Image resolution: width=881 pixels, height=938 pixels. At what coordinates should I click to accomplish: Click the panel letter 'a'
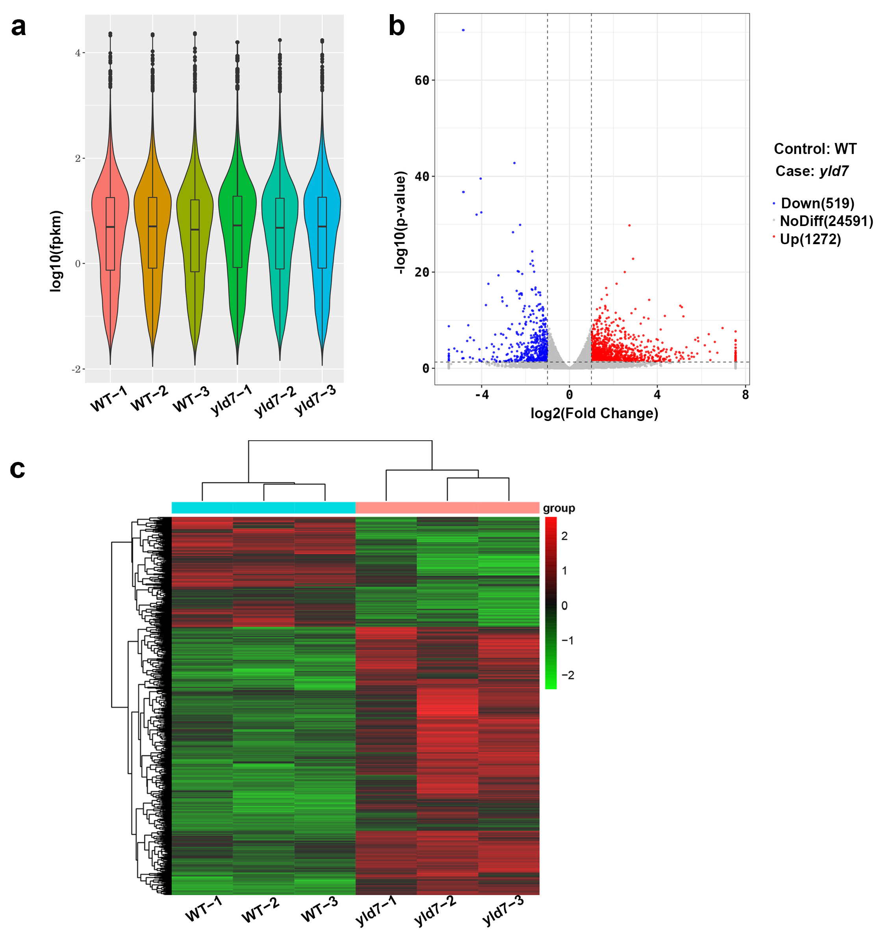click(19, 27)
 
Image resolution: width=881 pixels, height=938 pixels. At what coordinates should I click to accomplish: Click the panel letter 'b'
click(396, 26)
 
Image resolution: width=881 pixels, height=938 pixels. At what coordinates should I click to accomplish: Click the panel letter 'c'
click(17, 469)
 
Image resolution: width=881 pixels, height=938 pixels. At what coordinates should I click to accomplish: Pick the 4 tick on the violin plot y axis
click(78, 53)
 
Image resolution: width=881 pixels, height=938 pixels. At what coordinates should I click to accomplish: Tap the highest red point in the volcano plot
click(629, 226)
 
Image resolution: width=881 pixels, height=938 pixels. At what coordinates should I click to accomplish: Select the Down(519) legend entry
click(817, 203)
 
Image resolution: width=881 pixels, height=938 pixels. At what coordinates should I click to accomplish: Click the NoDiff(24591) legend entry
click(826, 221)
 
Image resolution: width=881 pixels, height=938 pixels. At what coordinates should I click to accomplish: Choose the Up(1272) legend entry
click(810, 239)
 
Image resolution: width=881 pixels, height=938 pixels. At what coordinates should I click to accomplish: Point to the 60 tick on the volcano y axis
click(422, 80)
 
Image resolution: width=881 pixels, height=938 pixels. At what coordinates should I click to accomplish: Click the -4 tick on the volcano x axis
click(481, 395)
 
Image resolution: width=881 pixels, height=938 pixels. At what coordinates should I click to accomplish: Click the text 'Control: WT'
click(814, 149)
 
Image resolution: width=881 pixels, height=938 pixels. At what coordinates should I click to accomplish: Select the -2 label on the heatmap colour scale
click(568, 675)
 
